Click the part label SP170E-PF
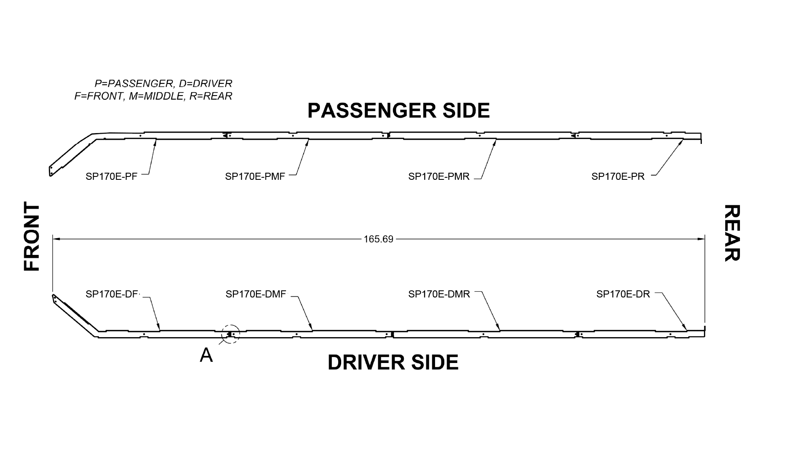[111, 176]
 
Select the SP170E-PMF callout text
[255, 176]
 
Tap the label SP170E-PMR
[438, 176]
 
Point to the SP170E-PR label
[618, 176]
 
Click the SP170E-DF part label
[112, 294]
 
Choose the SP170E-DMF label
[256, 294]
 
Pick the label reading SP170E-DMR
[439, 294]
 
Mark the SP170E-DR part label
[623, 294]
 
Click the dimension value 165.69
[378, 239]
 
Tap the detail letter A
[206, 355]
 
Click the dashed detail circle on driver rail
[230, 334]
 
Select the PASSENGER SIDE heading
[398, 111]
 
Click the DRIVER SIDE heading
[393, 362]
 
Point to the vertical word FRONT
[32, 237]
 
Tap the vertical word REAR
[732, 233]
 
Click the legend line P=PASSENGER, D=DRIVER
[163, 83]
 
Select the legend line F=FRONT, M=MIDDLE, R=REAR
[153, 96]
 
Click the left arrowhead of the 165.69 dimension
[56, 239]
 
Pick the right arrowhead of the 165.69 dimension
[701, 239]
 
